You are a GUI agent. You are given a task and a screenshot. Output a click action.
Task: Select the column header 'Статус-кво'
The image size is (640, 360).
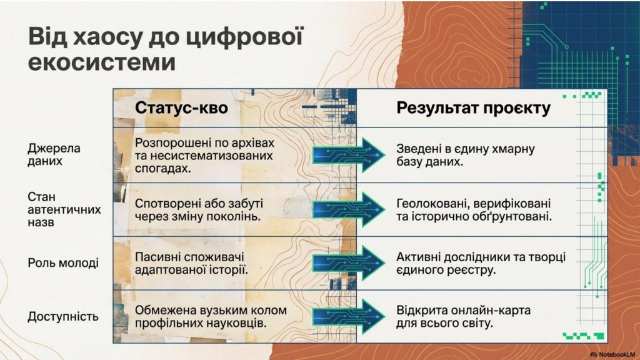point(181,108)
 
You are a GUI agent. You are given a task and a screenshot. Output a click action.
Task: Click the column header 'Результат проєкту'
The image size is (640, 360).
point(473,108)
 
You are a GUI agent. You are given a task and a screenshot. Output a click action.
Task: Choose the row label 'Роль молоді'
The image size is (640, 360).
point(63,263)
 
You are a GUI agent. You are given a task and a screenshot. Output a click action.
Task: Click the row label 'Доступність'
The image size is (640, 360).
point(63,316)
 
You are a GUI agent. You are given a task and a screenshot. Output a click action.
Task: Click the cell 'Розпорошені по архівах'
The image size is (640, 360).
point(205,154)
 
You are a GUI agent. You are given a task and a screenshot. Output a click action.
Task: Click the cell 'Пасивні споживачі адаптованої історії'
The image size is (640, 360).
point(191,264)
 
